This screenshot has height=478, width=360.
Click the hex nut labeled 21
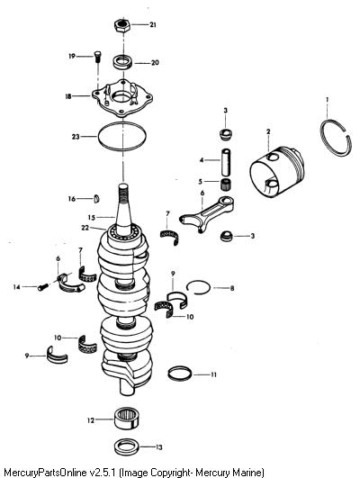coord(122,25)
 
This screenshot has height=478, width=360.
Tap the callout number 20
coord(155,63)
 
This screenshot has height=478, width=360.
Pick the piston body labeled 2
coord(277,170)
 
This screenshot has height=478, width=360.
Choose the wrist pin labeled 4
coord(226,162)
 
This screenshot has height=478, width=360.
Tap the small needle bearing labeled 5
coord(226,185)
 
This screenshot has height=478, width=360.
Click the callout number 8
coord(232,288)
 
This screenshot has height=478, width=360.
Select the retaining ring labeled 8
coord(198,281)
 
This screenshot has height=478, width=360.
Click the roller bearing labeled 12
coord(128,419)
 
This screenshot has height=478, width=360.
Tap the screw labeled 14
coord(43,287)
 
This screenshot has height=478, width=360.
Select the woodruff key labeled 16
coord(96,199)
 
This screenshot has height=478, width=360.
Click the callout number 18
coord(68,96)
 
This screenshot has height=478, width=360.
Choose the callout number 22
coord(85,228)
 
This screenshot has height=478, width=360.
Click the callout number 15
coord(92,218)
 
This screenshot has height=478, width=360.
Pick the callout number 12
coord(91,420)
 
